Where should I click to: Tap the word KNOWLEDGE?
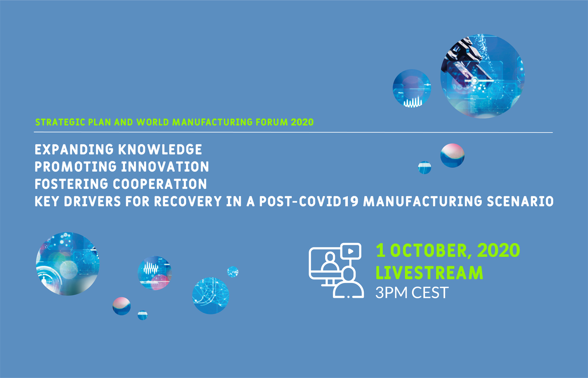click(x=160, y=150)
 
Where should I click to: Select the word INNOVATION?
click(x=165, y=167)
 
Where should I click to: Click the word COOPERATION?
click(x=160, y=184)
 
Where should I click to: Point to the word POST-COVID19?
click(x=309, y=201)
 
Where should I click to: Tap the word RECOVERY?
click(x=188, y=201)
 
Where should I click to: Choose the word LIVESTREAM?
click(x=429, y=273)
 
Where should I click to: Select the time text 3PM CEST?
click(x=412, y=293)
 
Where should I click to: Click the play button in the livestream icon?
click(x=351, y=252)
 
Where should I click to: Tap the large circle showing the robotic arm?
click(x=482, y=76)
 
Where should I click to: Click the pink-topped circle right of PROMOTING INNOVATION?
click(x=452, y=155)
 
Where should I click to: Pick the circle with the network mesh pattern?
click(x=210, y=296)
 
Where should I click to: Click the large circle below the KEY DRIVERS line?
click(x=68, y=264)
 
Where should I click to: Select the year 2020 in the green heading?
click(x=302, y=122)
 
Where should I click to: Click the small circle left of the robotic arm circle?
click(x=412, y=88)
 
